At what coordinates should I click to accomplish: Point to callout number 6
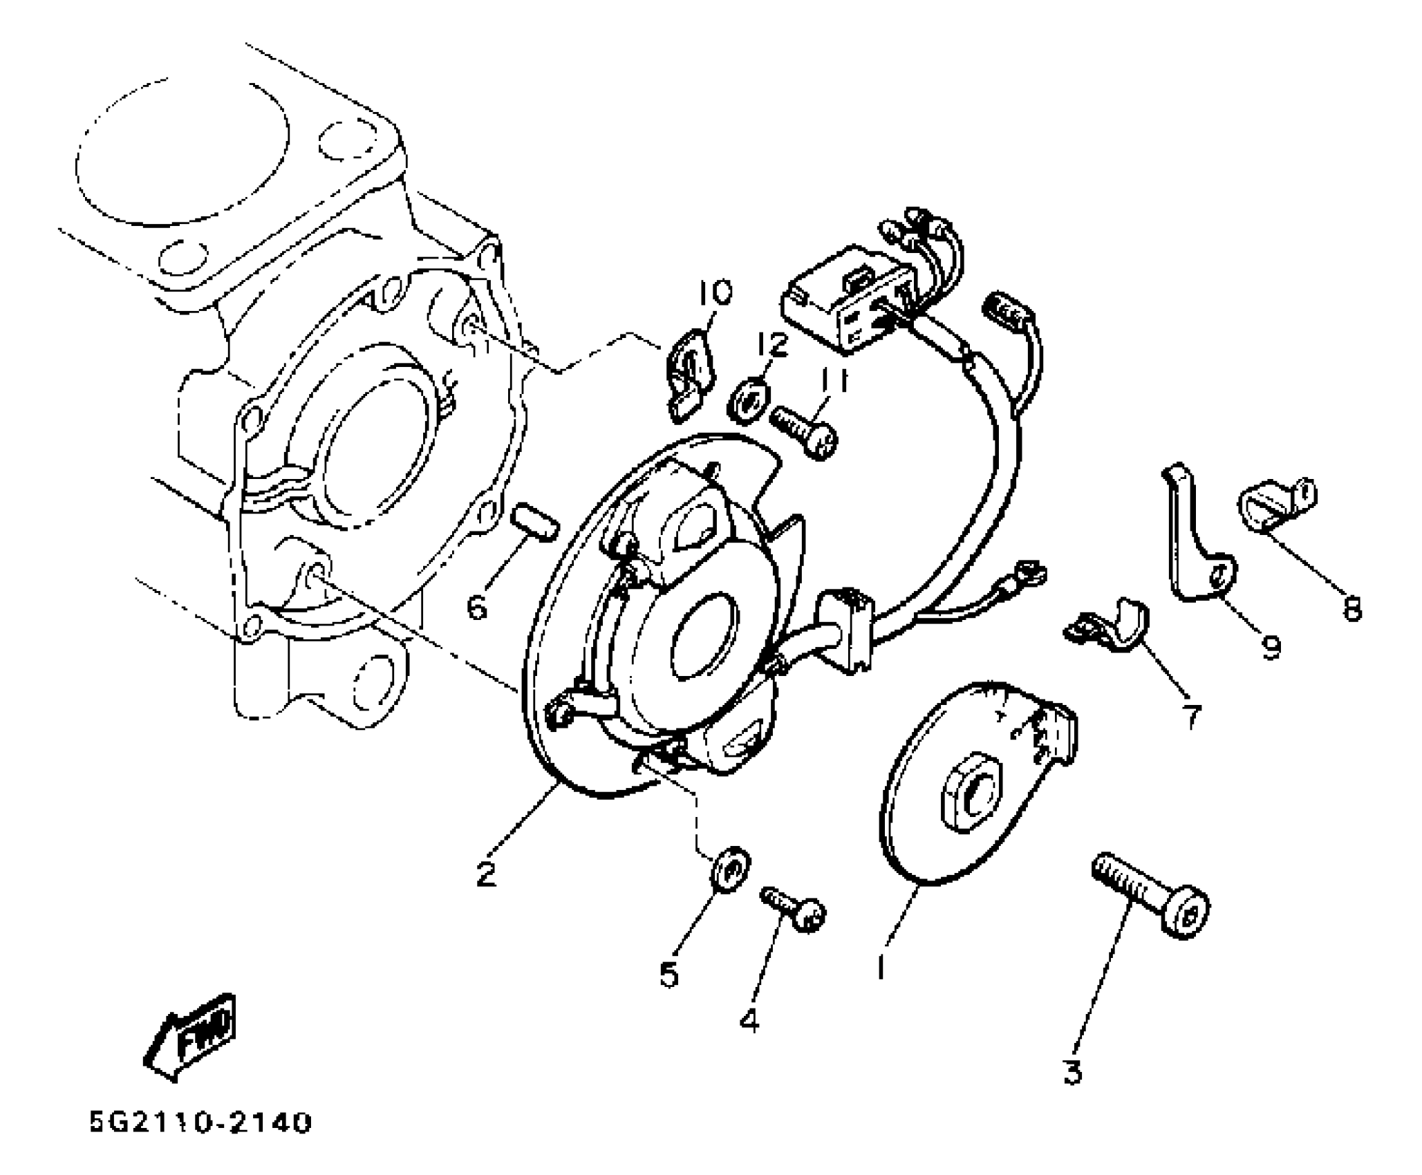point(477,608)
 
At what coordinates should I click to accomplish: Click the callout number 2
point(486,875)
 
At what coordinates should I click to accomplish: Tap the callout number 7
point(1190,717)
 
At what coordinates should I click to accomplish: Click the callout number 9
point(1271,648)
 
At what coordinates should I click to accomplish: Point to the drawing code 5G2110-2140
point(200,1122)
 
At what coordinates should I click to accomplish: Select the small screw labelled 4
point(795,909)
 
